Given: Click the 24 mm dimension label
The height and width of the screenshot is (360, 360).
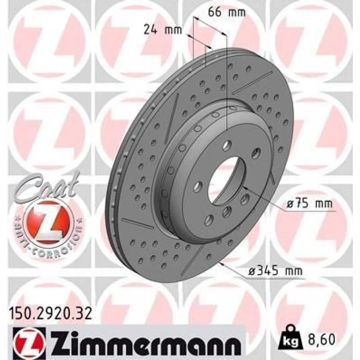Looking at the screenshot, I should (163, 30).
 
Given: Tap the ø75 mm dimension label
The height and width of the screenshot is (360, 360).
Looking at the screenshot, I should (310, 204).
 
